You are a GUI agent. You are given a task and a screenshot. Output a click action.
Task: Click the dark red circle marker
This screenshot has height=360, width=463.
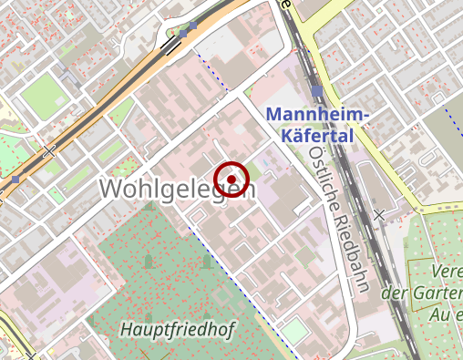pos(232,179)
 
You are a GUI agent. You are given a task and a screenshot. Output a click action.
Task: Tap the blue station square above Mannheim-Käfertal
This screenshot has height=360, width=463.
pos(315,91)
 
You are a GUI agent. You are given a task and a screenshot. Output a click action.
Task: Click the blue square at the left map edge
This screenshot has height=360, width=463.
pos(15,180)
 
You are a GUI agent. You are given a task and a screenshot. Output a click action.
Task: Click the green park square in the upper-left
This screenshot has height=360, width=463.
pos(39,90)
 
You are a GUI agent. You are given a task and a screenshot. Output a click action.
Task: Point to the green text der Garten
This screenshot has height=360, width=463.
pos(420,293)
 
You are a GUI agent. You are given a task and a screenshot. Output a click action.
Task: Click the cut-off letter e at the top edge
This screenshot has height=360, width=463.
pos(286,4)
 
